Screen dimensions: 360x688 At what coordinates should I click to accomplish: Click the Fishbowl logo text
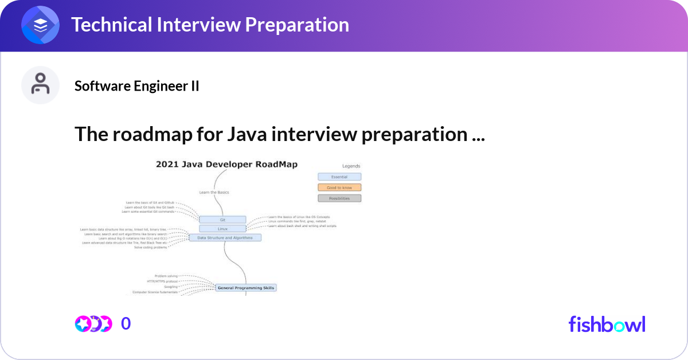(607, 324)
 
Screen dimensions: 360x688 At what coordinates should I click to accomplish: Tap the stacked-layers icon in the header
(41, 26)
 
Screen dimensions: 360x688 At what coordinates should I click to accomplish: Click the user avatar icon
(41, 85)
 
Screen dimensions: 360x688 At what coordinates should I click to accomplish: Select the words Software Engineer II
(137, 86)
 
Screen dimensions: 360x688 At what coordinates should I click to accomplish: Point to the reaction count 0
(126, 324)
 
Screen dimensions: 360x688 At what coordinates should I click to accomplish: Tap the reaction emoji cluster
(93, 324)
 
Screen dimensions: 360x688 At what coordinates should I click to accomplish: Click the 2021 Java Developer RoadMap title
(226, 165)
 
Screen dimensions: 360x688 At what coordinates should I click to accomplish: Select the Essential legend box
(339, 177)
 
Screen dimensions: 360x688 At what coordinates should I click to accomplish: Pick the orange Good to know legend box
(339, 187)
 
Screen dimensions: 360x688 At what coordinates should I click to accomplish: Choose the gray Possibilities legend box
(339, 198)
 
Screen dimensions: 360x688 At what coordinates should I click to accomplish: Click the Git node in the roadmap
(222, 220)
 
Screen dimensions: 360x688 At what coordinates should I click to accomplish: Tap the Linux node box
(222, 228)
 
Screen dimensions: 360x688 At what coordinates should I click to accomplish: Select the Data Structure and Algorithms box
(225, 237)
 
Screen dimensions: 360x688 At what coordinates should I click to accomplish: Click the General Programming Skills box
(246, 288)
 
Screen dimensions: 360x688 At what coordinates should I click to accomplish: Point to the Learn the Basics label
(214, 192)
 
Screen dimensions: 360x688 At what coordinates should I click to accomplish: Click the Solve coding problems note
(151, 248)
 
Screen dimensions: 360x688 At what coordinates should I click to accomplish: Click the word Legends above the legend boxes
(351, 166)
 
